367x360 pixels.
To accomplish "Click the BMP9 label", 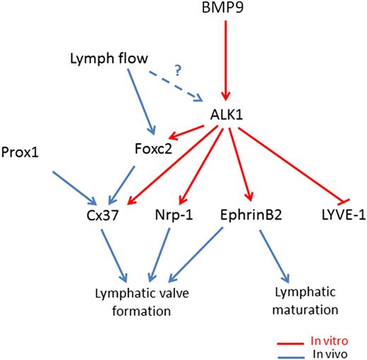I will click(x=226, y=9).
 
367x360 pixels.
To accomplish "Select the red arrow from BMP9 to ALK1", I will click(x=226, y=60).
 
